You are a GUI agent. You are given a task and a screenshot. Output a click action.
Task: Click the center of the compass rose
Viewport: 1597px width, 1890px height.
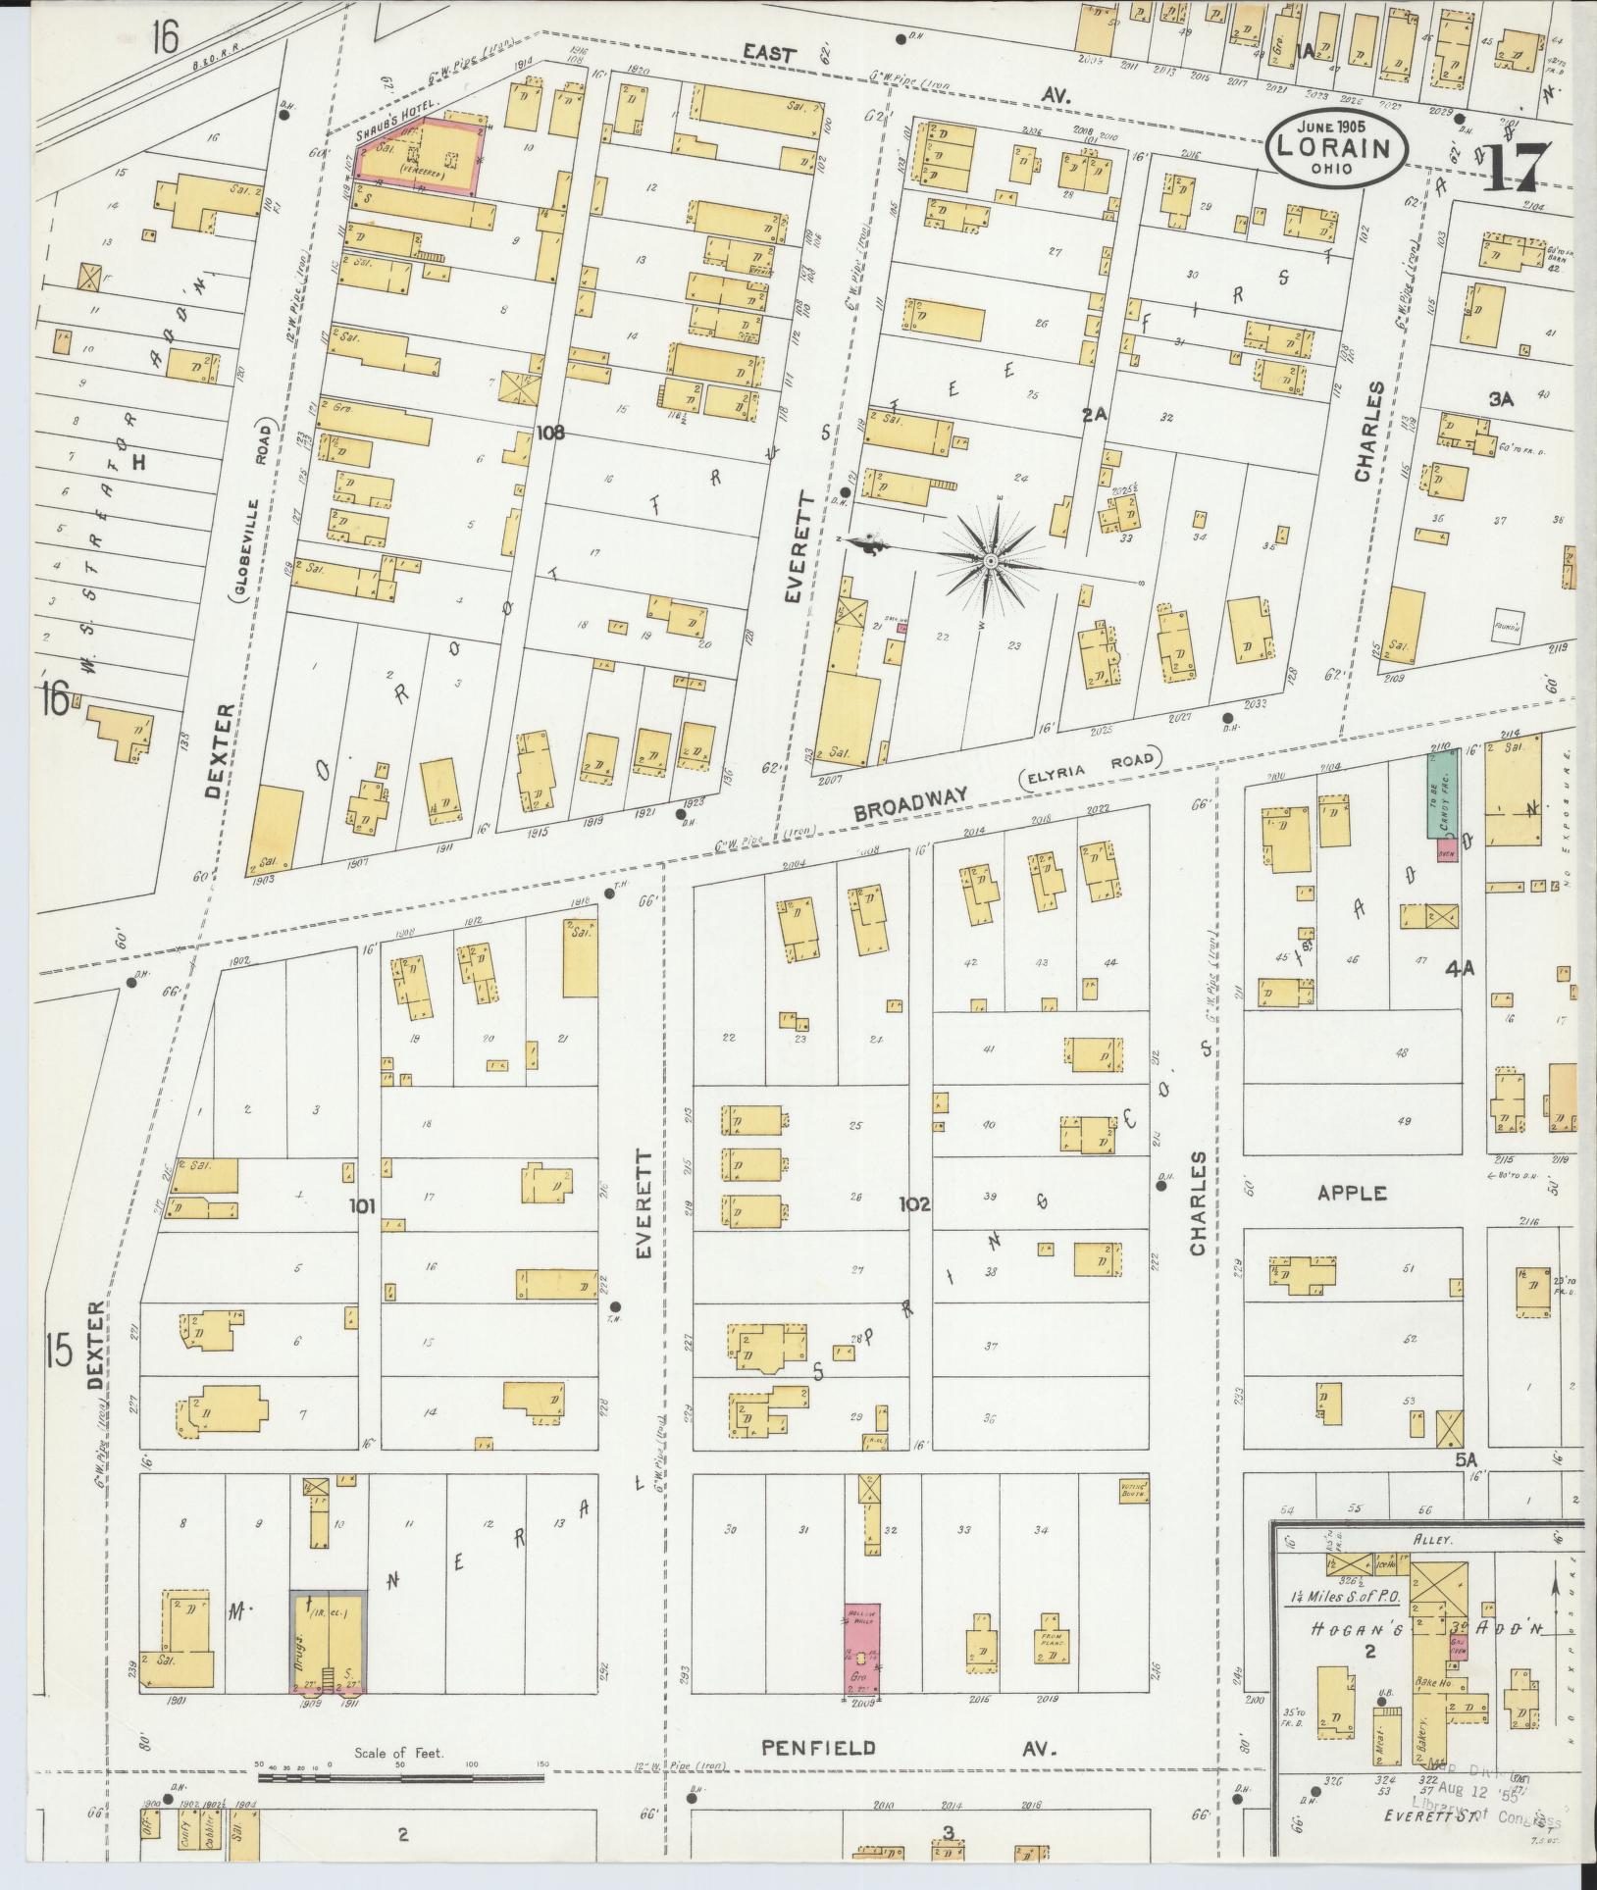[x=991, y=560]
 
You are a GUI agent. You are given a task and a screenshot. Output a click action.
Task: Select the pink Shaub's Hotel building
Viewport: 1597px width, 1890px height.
[x=419, y=152]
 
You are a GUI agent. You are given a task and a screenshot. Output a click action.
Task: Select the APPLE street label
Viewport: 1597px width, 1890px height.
[x=1352, y=1193]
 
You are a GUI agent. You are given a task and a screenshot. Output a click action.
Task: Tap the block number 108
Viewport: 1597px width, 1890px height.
[x=550, y=431]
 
